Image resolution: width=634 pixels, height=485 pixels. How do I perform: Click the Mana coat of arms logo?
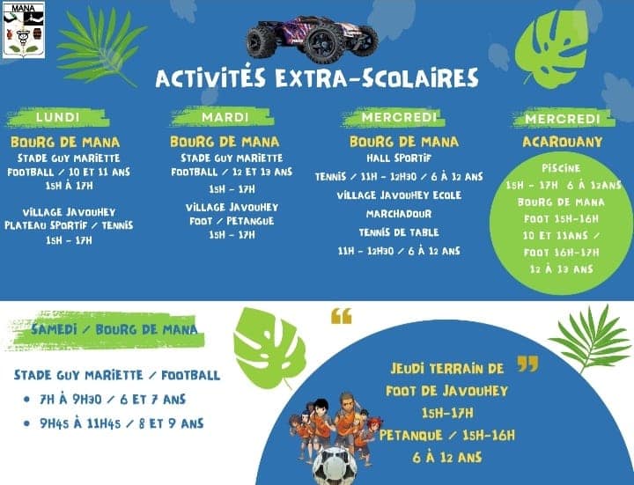click(x=24, y=30)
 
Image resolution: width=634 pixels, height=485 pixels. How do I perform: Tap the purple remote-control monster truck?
click(x=312, y=39)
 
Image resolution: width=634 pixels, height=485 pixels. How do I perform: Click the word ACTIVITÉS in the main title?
click(x=210, y=77)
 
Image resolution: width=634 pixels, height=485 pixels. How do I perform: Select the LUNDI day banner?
click(x=58, y=117)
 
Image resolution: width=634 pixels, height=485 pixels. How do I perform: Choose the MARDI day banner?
click(x=225, y=117)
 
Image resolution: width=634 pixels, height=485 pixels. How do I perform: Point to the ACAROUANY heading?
click(x=563, y=142)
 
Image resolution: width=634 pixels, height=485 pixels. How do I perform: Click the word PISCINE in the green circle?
click(x=561, y=168)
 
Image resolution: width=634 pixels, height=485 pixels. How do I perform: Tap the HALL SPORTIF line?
click(x=399, y=158)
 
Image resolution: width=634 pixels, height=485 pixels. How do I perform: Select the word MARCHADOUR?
click(x=399, y=213)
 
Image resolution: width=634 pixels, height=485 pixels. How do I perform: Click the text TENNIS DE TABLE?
click(x=399, y=232)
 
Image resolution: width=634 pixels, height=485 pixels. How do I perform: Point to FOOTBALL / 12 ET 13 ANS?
click(x=232, y=172)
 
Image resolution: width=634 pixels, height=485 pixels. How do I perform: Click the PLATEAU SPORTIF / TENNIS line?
click(x=69, y=225)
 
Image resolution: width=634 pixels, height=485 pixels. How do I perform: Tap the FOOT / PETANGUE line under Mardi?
click(x=232, y=221)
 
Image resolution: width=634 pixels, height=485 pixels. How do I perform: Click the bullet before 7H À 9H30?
click(x=26, y=400)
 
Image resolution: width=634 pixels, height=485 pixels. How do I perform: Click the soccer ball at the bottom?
click(x=335, y=466)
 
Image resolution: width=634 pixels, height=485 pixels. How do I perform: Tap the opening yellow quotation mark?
click(x=342, y=317)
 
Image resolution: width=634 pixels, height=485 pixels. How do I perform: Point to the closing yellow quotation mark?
click(x=528, y=364)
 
